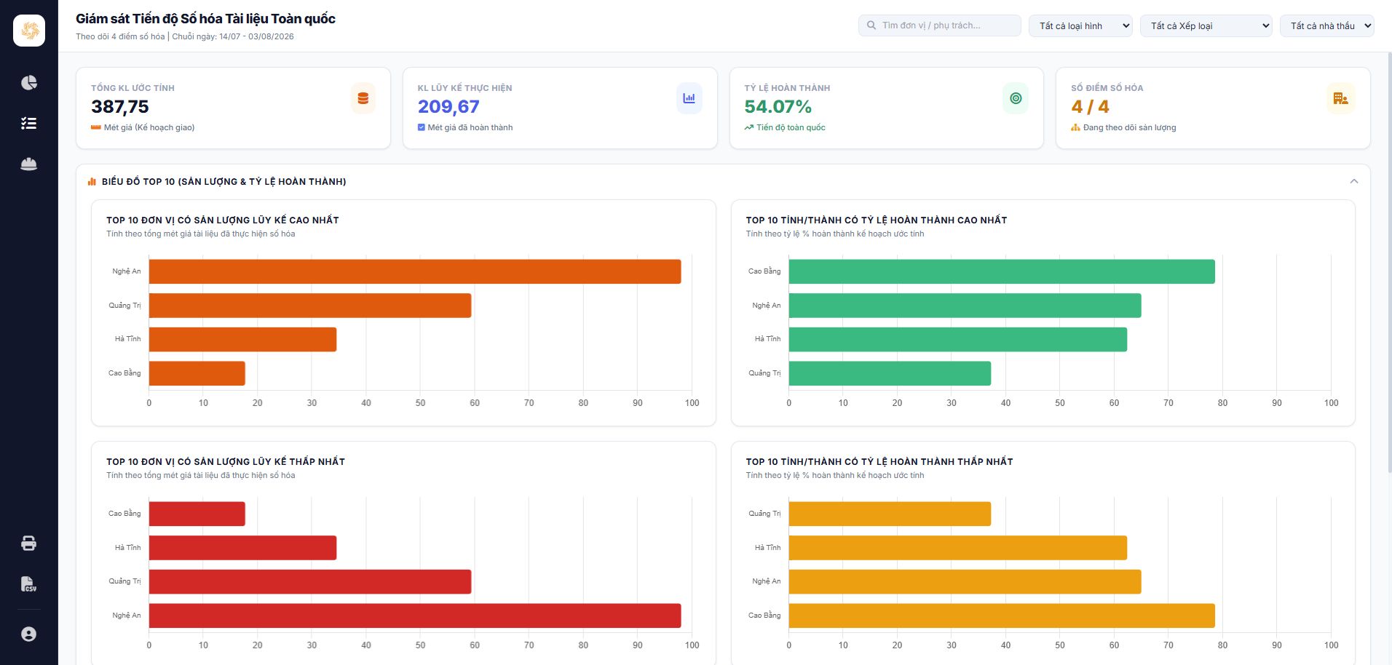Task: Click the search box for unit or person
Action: pos(939,25)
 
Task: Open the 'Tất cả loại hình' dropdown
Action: pos(1080,25)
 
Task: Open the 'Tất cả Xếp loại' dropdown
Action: pos(1206,25)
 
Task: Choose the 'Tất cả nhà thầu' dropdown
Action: pos(1327,25)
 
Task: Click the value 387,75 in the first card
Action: pos(120,107)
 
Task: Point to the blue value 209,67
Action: pos(448,107)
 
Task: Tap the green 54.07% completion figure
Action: pos(778,107)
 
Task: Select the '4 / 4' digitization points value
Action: pos(1090,107)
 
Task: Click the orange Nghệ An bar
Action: pos(415,271)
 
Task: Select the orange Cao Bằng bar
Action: pos(197,373)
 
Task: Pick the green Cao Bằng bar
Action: pos(1002,271)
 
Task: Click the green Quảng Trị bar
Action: pos(890,373)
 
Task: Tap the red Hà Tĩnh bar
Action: pos(242,548)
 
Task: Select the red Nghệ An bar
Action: pos(415,616)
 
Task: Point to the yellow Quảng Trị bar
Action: pos(890,514)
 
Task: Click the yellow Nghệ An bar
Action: pos(965,582)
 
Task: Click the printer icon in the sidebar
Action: pos(29,543)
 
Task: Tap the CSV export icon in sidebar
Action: pos(29,584)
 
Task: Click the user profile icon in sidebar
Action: pos(29,634)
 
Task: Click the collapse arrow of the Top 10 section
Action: pos(1354,181)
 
